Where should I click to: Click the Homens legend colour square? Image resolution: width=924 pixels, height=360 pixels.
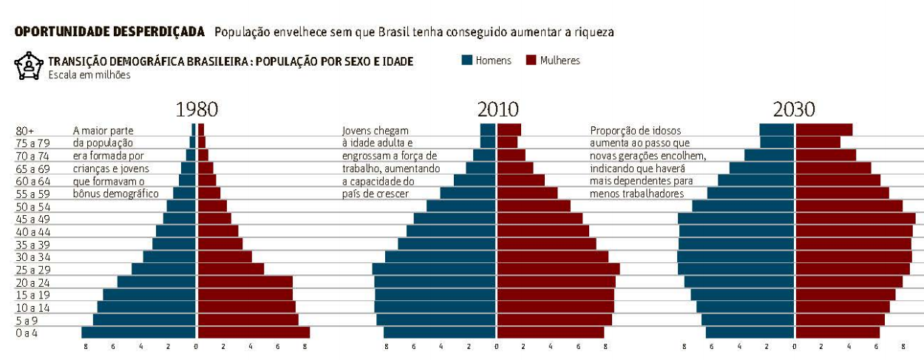[x=466, y=61]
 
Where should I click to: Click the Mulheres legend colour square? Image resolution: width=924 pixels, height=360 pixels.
[x=530, y=61]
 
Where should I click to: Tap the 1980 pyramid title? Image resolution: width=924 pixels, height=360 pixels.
[x=197, y=110]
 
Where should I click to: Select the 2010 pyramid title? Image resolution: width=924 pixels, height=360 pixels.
[x=497, y=110]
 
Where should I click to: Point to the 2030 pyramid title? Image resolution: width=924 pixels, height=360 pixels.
[x=794, y=110]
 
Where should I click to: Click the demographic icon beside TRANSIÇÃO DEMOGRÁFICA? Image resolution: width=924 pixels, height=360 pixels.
[x=29, y=66]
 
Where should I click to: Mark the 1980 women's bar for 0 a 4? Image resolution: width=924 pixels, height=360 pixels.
[x=253, y=333]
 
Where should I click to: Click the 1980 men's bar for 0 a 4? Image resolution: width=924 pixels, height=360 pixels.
[x=139, y=333]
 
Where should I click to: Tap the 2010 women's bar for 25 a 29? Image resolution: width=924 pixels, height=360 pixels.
[x=558, y=269]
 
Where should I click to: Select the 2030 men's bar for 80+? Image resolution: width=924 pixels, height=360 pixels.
[x=777, y=130]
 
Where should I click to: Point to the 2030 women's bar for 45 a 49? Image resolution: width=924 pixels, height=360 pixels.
[x=855, y=219]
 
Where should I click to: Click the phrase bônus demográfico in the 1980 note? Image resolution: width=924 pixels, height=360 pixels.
[x=116, y=194]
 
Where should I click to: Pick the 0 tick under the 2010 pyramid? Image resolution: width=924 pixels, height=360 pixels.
[x=497, y=347]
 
